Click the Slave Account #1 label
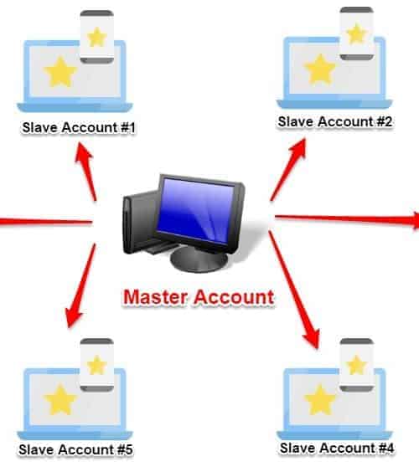pyautogui.click(x=79, y=127)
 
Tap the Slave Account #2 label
pyautogui.click(x=335, y=121)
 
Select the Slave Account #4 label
pyautogui.click(x=337, y=448)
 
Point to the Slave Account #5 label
pyautogui.click(x=75, y=449)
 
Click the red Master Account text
pyautogui.click(x=199, y=297)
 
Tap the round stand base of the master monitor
pyautogui.click(x=199, y=259)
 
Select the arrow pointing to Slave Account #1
pyautogui.click(x=85, y=172)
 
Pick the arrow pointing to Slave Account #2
pyautogui.click(x=288, y=170)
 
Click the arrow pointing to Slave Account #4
pyautogui.click(x=294, y=290)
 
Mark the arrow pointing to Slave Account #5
pyautogui.click(x=80, y=285)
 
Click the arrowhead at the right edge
pyautogui.click(x=415, y=220)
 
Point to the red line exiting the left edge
pyautogui.click(x=46, y=222)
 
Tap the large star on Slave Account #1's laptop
pyautogui.click(x=59, y=72)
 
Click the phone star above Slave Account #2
pyautogui.click(x=356, y=33)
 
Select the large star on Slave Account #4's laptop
pyautogui.click(x=320, y=399)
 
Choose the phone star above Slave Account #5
pyautogui.click(x=96, y=365)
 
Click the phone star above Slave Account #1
pyautogui.click(x=96, y=37)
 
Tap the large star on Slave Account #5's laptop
pyautogui.click(x=59, y=400)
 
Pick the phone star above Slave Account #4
pyautogui.click(x=356, y=365)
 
